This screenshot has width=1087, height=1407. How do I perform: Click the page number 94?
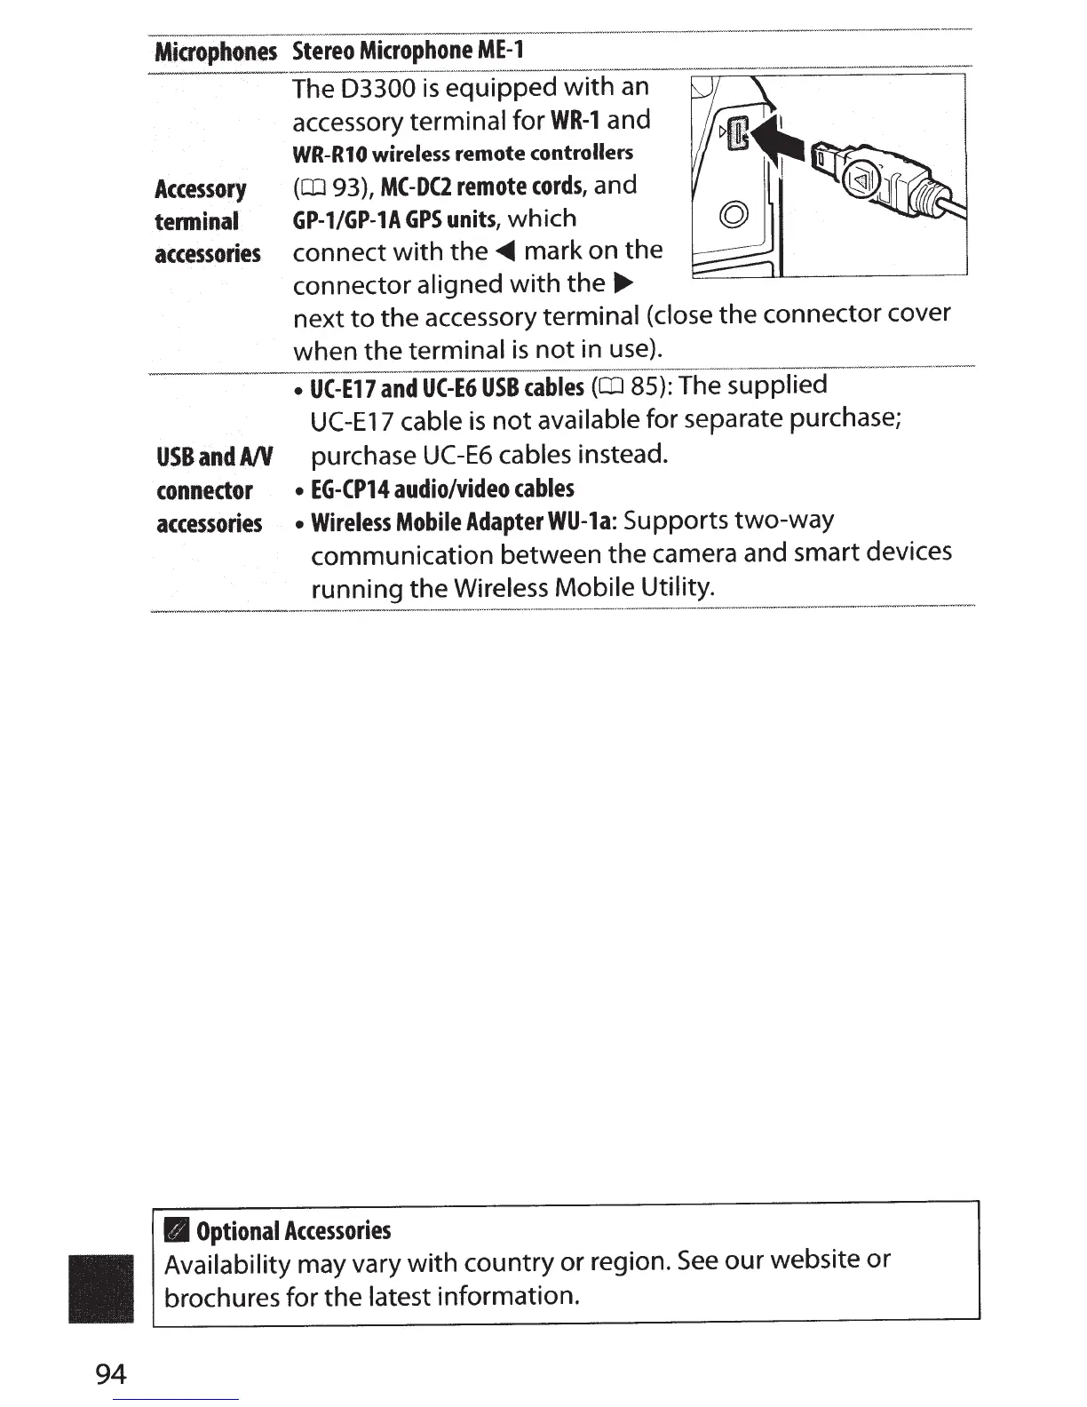111,1374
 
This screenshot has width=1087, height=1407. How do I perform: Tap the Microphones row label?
216,52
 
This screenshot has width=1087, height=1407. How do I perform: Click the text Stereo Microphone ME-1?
408,50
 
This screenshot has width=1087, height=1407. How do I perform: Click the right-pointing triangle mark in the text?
623,285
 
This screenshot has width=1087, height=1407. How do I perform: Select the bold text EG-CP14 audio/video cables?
442,489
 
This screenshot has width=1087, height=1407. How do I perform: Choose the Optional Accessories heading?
292,1231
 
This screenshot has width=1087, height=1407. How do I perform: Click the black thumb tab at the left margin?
100,1289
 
